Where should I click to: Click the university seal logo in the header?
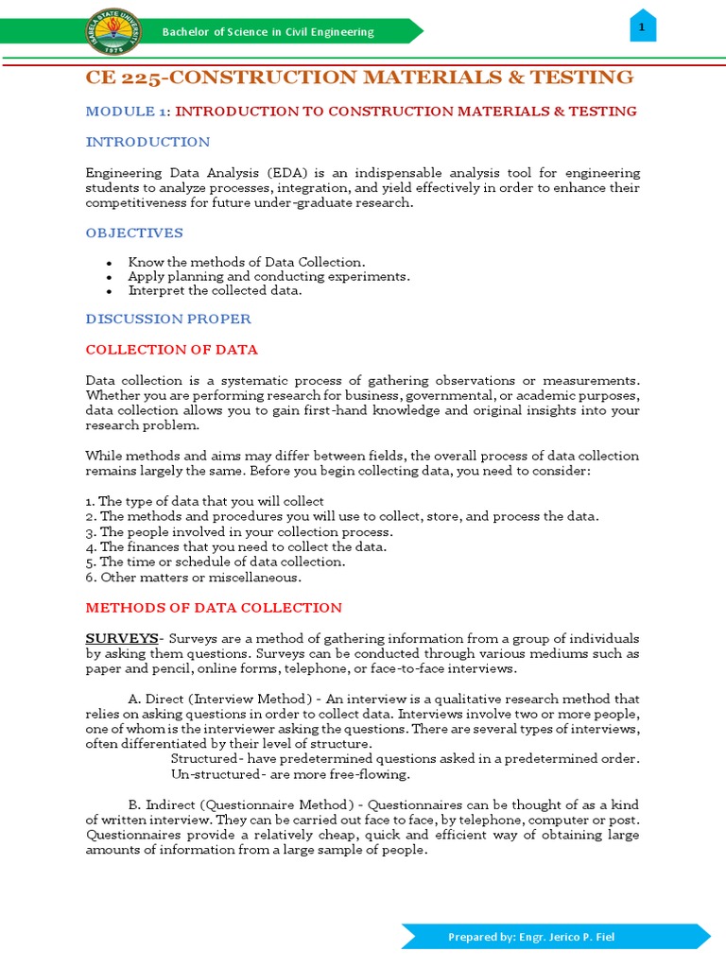click(x=111, y=31)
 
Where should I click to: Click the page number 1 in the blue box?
click(x=642, y=28)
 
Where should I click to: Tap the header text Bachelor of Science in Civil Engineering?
click(x=268, y=32)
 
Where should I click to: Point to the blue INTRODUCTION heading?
click(x=147, y=142)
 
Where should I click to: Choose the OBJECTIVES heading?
click(x=134, y=233)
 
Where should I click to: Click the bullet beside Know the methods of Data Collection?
click(x=110, y=263)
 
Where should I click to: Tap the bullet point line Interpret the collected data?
click(x=215, y=290)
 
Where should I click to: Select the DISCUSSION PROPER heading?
click(x=168, y=320)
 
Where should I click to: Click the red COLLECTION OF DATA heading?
click(x=171, y=350)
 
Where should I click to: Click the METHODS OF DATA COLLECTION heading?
click(x=214, y=608)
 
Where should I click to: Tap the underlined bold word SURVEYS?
click(x=121, y=639)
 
